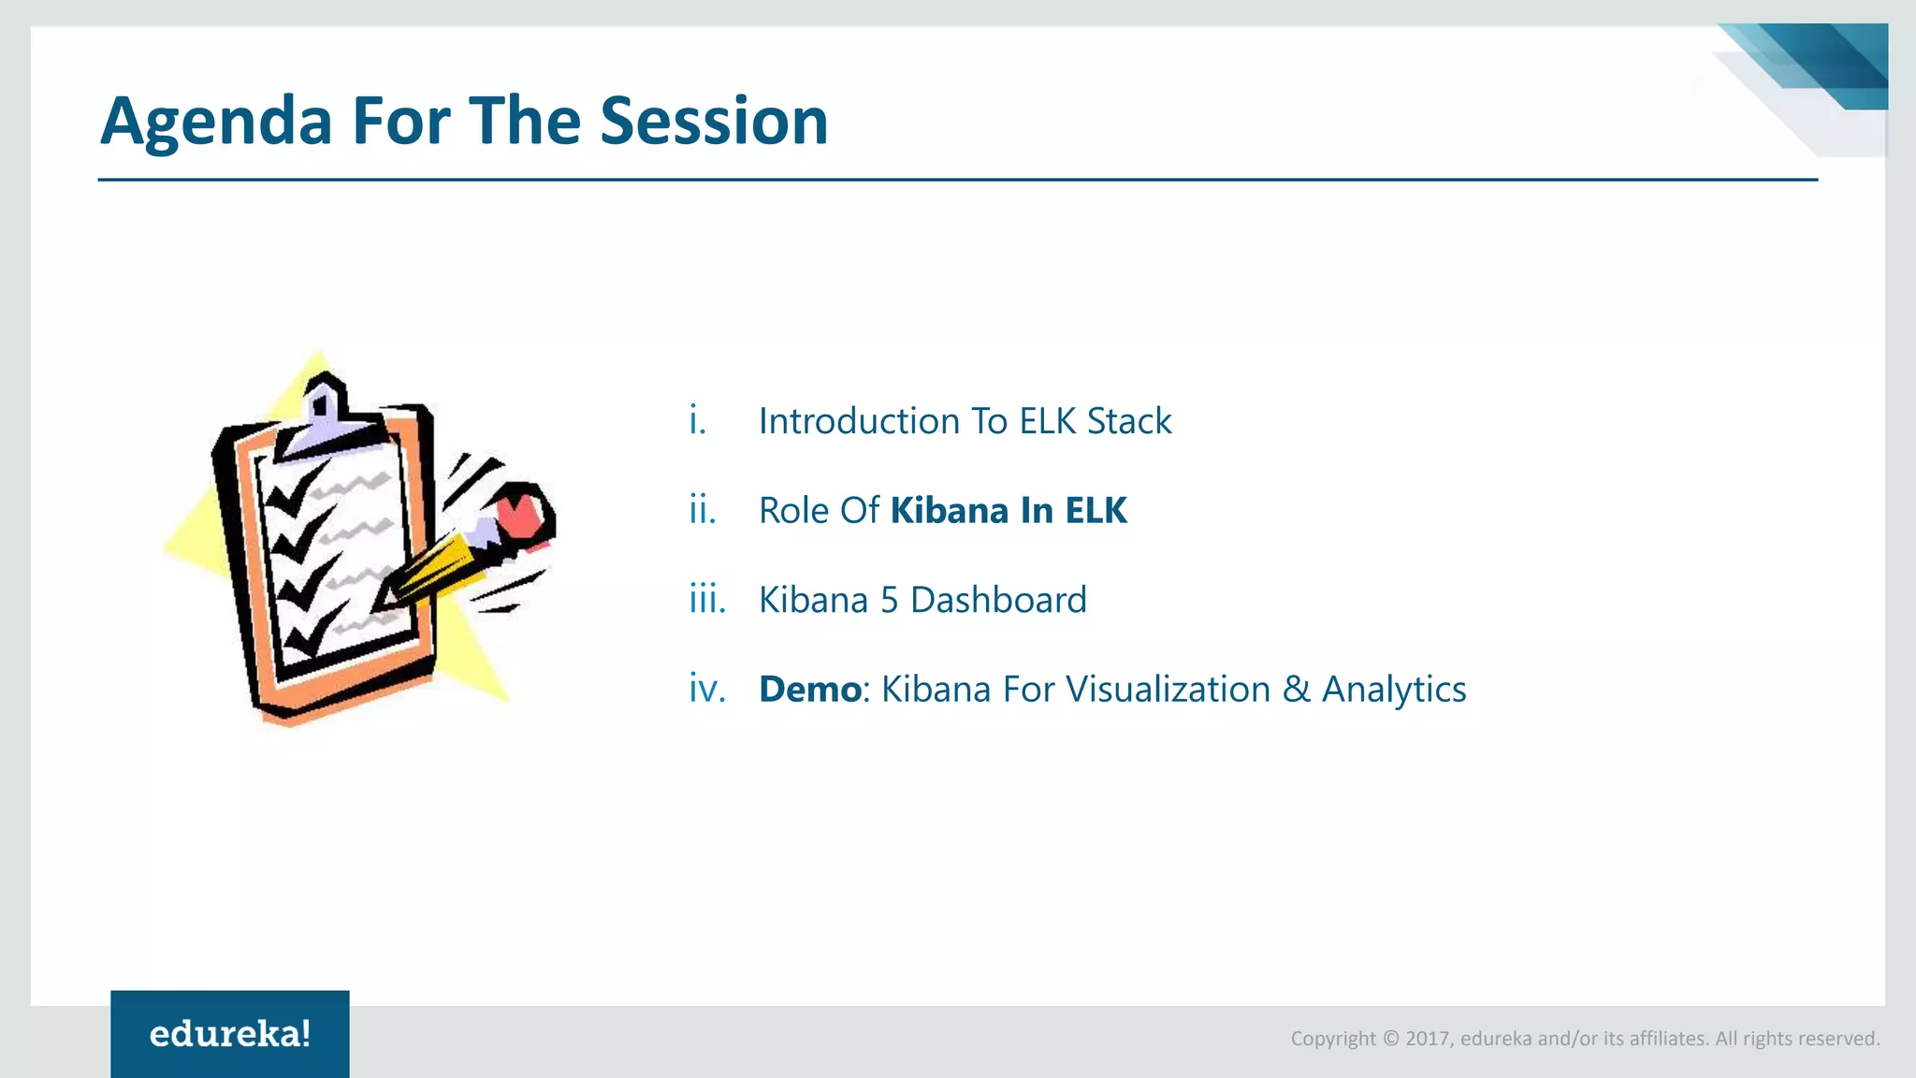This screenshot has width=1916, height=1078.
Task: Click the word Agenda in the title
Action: pos(216,123)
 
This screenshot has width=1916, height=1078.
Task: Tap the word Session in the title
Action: pos(714,122)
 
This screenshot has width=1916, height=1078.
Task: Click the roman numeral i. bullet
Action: pos(697,420)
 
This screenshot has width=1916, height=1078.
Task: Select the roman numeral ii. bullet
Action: pos(703,510)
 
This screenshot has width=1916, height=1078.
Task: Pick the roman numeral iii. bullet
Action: pos(707,599)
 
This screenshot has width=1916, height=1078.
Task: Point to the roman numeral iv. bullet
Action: pos(707,689)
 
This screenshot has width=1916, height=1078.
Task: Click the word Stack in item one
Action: pos(1128,421)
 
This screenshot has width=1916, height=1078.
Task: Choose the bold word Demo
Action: pos(809,690)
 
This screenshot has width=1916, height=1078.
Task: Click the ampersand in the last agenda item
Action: pos(1296,690)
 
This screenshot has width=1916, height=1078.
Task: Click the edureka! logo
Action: pos(230,1034)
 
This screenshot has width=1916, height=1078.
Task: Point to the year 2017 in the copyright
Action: pos(1428,1039)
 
